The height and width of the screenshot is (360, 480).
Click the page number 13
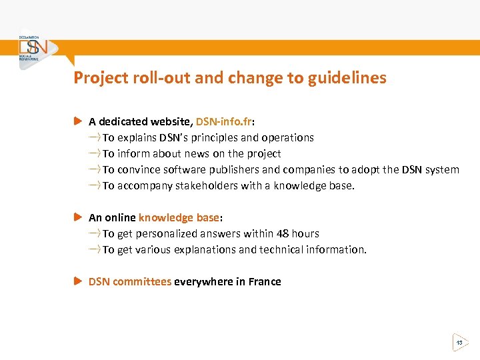(459, 343)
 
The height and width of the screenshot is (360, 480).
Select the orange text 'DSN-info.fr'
(224, 121)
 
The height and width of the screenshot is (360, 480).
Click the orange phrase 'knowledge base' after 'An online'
(179, 217)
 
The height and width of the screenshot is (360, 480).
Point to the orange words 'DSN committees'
(130, 281)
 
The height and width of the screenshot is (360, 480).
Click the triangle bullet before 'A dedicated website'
(77, 121)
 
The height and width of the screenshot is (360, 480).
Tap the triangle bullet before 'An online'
(77, 217)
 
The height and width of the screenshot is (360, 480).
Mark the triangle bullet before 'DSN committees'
(77, 281)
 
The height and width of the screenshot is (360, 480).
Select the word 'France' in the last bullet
(265, 281)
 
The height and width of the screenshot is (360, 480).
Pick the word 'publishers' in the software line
(234, 169)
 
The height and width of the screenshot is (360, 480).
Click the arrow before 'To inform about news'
(94, 153)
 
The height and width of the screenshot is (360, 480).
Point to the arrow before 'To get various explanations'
(94, 249)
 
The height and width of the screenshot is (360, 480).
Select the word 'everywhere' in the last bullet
(203, 281)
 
